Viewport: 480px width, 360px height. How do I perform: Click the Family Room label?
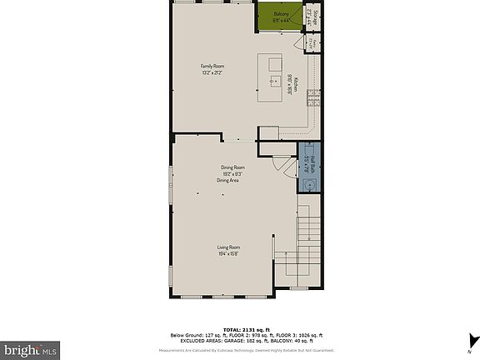212,67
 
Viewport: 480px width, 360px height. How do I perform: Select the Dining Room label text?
232,167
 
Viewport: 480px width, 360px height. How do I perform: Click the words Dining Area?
228,180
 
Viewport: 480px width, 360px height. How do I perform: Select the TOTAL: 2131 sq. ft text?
240,329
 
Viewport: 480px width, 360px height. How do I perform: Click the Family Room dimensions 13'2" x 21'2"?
212,73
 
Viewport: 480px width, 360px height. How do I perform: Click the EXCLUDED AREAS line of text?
241,342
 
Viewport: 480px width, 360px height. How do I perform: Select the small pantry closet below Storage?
310,42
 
